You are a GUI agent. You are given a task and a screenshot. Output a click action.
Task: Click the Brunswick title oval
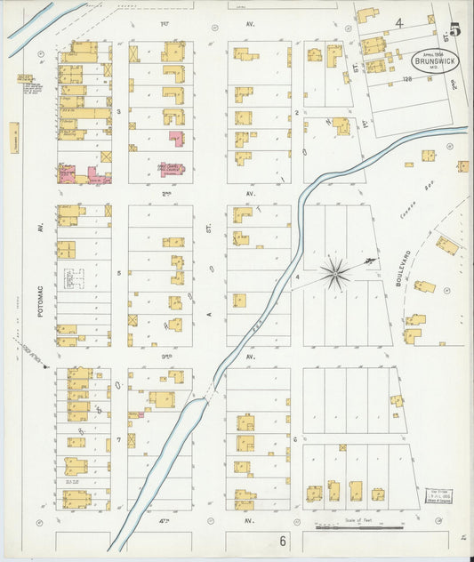pos(430,63)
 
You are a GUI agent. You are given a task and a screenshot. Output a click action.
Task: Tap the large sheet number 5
pos(454,29)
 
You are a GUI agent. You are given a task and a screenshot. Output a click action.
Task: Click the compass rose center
pos(336,273)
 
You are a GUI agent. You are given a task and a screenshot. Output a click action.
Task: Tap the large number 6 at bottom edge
pos(283,540)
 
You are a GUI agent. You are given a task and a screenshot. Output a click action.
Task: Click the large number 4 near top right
pos(400,22)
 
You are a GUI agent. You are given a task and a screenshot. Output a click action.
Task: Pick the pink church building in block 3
pos(177,140)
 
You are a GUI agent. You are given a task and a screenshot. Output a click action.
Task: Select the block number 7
pos(117,439)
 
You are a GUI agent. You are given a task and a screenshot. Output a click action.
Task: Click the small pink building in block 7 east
pos(135,414)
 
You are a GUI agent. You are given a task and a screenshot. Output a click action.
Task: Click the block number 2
pos(296,112)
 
